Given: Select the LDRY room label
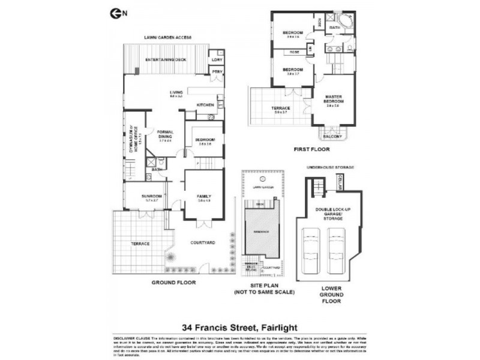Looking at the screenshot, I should (216, 60).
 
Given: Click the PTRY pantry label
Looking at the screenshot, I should (216, 72).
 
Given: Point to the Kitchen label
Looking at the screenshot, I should (206, 106).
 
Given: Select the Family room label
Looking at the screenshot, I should (204, 196).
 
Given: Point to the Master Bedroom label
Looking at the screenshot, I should (334, 100).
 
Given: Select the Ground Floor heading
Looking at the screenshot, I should (173, 281).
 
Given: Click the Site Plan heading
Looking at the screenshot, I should (264, 286).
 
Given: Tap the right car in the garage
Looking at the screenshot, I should (336, 251).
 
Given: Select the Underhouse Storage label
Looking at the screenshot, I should (331, 167).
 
